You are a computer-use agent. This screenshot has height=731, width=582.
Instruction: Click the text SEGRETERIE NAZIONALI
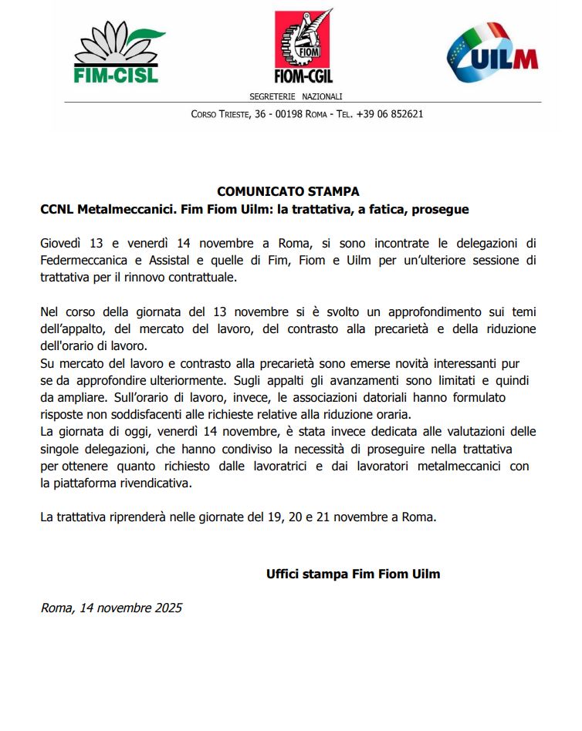[296, 96]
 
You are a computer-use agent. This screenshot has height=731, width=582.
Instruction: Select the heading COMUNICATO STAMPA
[288, 191]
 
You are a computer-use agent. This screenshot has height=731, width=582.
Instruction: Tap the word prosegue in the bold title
[442, 209]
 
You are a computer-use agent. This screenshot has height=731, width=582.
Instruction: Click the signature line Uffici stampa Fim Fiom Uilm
[353, 574]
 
